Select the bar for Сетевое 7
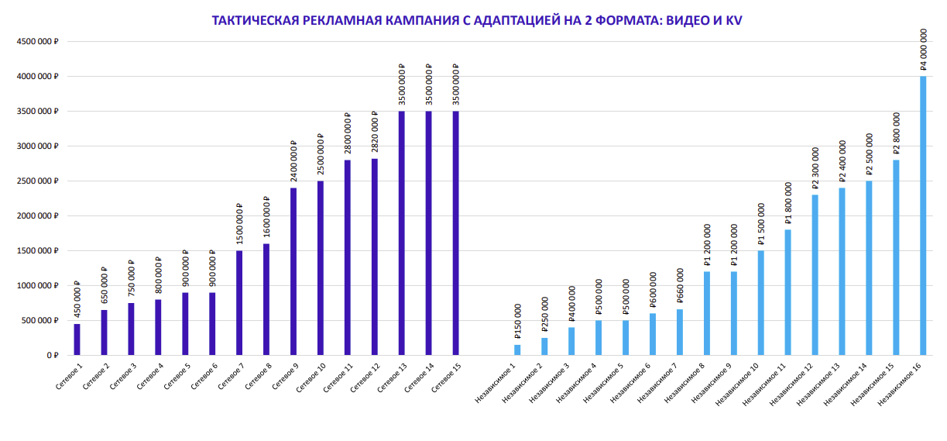click(239, 302)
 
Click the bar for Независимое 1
click(517, 350)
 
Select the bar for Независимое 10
click(761, 302)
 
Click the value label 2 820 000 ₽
click(375, 134)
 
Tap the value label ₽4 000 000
click(923, 49)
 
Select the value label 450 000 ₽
click(77, 299)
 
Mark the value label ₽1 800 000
click(788, 202)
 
